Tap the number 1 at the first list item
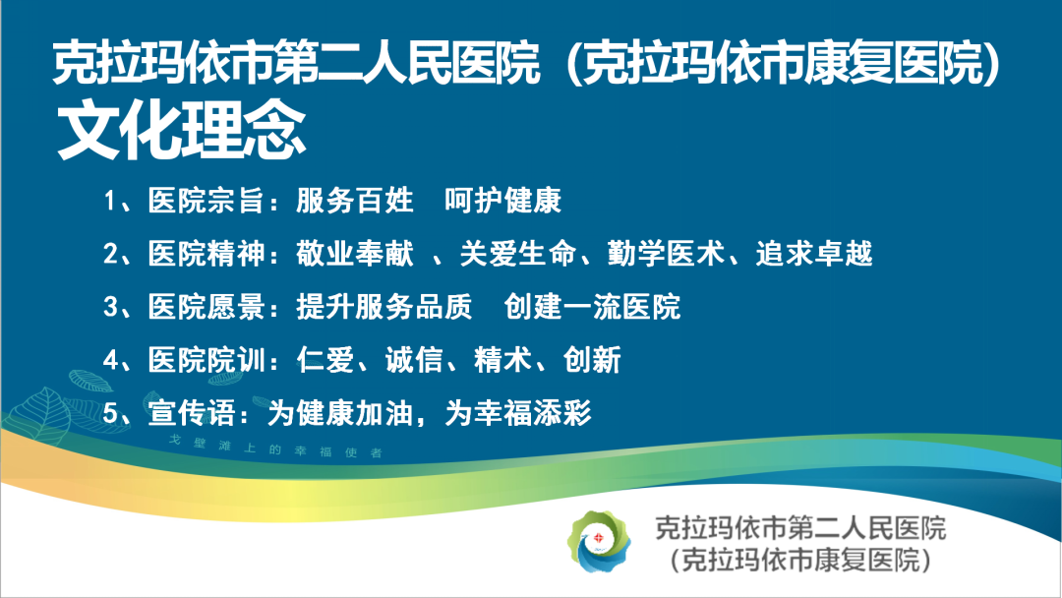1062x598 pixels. coord(110,201)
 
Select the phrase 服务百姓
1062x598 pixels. coord(354,201)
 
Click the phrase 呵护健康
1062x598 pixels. coord(502,201)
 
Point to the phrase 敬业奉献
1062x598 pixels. coord(354,254)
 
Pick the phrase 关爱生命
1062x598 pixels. coord(518,254)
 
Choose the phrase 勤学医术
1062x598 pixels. coord(666,254)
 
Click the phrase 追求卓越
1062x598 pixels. coord(814,254)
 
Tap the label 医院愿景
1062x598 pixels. coord(206,306)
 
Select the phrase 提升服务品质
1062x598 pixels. coord(384,306)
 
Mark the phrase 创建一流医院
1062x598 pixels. coord(592,306)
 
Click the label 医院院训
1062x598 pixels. coord(206,360)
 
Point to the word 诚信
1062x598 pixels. coord(414,360)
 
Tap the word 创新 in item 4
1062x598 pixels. coord(592,360)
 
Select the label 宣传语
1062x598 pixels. coord(192,412)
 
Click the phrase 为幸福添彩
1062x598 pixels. coord(518,412)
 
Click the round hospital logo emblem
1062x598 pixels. coord(599,542)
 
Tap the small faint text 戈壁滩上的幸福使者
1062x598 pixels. coord(275,447)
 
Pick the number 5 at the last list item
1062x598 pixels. coord(110,412)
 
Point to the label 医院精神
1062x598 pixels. coord(206,254)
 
